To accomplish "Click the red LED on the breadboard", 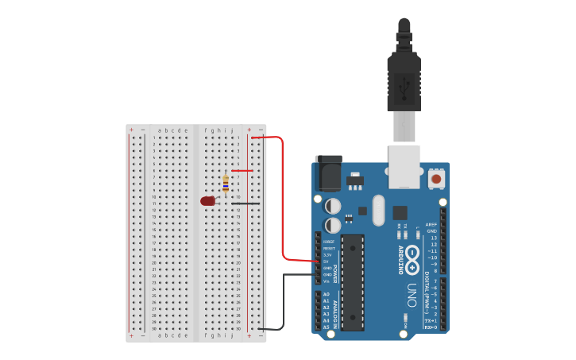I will tap(208, 201).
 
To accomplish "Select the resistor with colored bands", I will tap(226, 184).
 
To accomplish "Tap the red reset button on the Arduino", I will tap(436, 180).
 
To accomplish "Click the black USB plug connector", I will tap(404, 79).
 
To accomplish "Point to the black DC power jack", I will tap(329, 173).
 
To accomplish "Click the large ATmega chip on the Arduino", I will tap(353, 282).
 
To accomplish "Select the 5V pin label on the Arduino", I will tap(326, 261).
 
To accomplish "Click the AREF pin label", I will tap(431, 225).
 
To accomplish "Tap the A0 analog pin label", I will tap(326, 295).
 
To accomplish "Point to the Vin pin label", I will tap(326, 281).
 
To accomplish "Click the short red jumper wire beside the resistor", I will tap(242, 171).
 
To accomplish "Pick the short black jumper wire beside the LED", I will tap(245, 203).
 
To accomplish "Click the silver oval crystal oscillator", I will tap(378, 210).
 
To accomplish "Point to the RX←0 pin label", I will tap(431, 327).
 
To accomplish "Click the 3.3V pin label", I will tap(326, 255).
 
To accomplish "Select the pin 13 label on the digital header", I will tap(433, 238).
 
